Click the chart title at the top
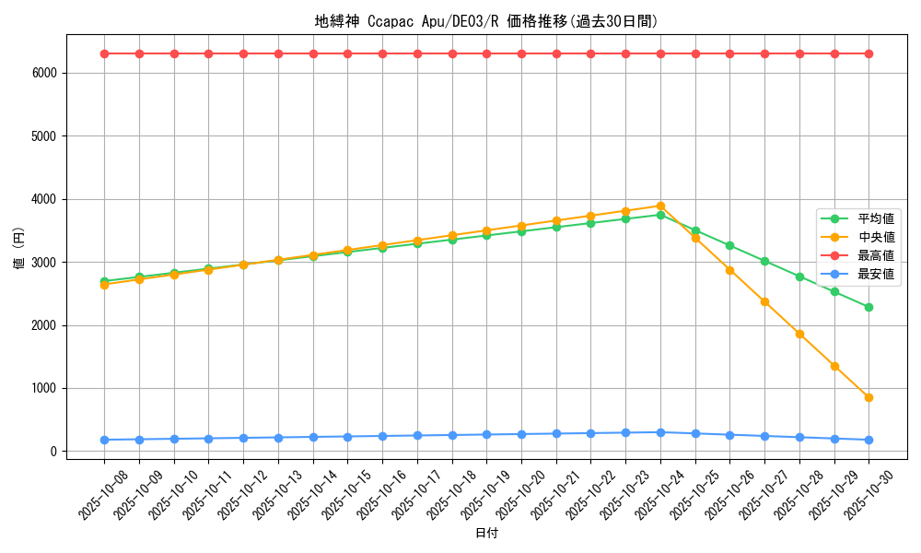486,21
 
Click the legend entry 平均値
876,219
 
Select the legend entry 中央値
876,238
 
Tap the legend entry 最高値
876,255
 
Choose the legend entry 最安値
876,274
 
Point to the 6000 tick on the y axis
44,73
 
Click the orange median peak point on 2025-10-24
660,206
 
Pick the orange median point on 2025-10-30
869,397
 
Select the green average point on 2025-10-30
869,307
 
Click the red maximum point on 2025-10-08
104,53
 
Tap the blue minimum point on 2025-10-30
869,440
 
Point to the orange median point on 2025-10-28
799,334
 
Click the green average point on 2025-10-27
764,261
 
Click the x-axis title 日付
486,534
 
